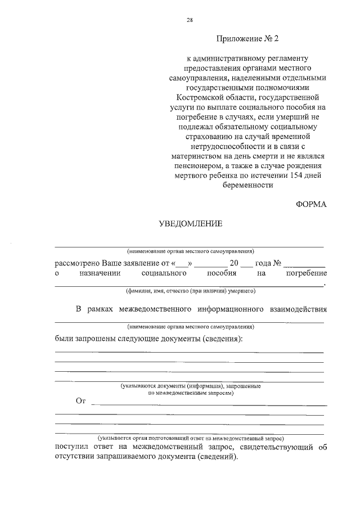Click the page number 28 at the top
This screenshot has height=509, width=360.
[190, 20]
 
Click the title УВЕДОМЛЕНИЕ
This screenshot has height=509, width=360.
[190, 224]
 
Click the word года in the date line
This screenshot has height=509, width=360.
[263, 263]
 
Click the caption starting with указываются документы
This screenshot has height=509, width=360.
[191, 386]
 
